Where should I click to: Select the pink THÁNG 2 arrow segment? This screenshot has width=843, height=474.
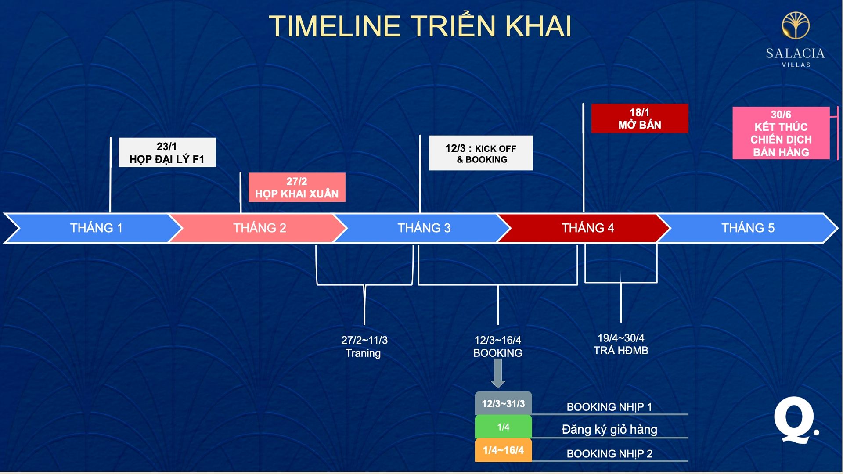point(259,228)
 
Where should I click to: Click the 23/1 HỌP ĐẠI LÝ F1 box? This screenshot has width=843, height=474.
point(167,152)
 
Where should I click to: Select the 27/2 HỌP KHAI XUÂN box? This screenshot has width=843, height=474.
point(297,187)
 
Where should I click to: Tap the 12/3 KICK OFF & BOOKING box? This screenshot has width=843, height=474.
point(481,153)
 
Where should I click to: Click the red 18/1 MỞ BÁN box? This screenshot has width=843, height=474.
point(640,118)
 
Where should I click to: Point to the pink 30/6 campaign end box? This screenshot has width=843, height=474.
point(781,133)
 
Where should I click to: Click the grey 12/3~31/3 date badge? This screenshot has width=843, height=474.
point(503,403)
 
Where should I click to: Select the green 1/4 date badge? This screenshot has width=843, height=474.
point(503,427)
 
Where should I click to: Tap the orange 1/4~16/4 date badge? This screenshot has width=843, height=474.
point(503,450)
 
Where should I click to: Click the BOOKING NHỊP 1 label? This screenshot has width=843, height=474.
point(609,407)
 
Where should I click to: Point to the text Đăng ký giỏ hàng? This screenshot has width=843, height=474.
point(609,429)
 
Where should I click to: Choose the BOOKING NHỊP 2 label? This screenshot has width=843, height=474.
point(609,454)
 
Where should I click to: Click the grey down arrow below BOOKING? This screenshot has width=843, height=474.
point(498,373)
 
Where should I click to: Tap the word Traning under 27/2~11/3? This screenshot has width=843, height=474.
point(363,353)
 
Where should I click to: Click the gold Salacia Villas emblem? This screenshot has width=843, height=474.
point(796,25)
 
